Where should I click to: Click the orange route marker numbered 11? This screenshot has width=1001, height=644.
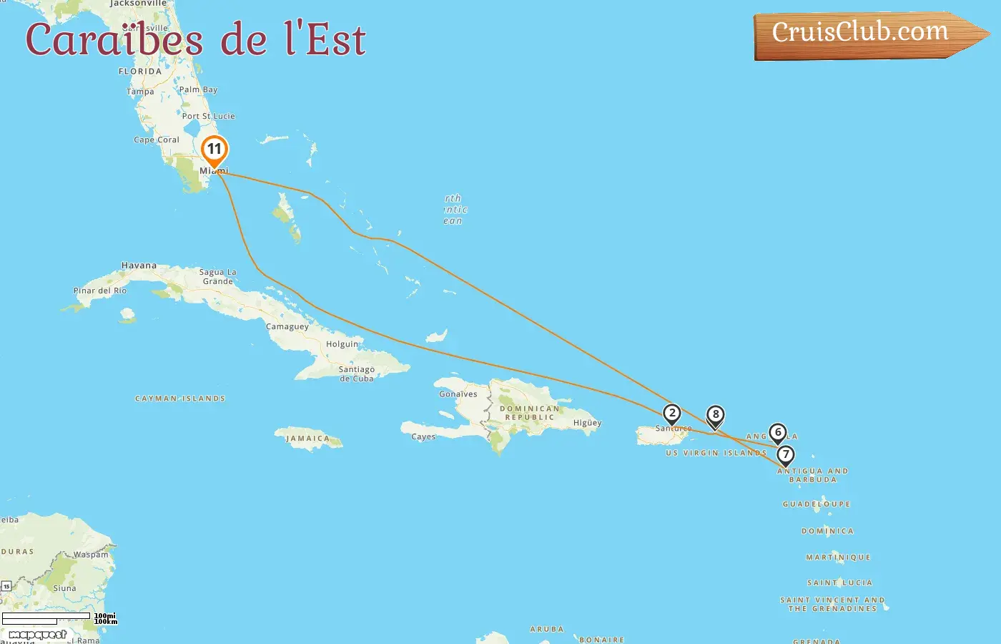click(x=214, y=150)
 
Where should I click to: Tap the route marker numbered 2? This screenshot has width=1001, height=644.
click(x=671, y=414)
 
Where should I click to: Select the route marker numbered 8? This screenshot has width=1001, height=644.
click(x=715, y=415)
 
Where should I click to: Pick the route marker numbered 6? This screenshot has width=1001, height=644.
click(x=778, y=432)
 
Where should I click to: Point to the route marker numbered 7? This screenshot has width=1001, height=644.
click(x=785, y=455)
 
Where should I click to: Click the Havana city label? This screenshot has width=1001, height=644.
click(x=139, y=265)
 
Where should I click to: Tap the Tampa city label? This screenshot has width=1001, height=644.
click(x=140, y=92)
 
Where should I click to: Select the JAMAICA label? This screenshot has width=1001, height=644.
click(x=307, y=439)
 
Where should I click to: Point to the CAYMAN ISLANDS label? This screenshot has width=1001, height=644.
click(x=180, y=399)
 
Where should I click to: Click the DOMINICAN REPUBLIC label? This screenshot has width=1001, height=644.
click(x=529, y=413)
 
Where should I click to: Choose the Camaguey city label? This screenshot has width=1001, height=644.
click(x=287, y=327)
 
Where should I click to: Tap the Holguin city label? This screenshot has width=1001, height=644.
click(x=342, y=344)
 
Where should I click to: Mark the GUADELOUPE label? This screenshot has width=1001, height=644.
click(x=817, y=504)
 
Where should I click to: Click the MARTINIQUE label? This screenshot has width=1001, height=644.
click(x=838, y=557)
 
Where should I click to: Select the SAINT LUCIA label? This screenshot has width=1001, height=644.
click(x=839, y=583)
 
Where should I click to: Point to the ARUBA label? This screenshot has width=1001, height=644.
click(x=546, y=630)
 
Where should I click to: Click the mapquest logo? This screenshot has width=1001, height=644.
click(x=37, y=635)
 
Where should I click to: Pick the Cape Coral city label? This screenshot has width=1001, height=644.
click(x=157, y=140)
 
